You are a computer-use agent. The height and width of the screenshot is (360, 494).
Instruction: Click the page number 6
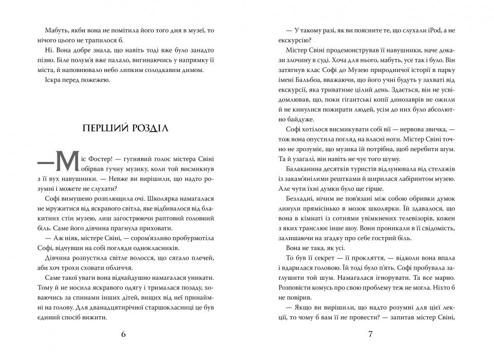tap(123, 334)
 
